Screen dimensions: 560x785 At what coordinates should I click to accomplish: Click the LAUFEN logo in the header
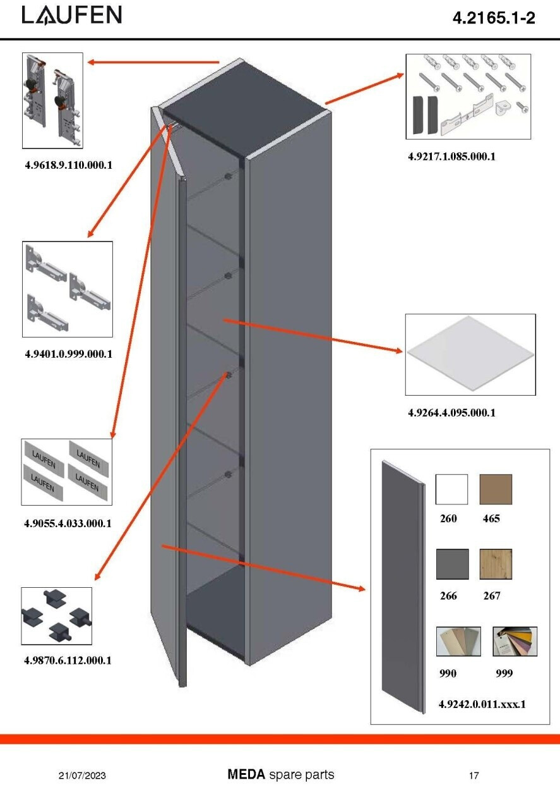pos(72,16)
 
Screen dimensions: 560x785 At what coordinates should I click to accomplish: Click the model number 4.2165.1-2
pos(494,18)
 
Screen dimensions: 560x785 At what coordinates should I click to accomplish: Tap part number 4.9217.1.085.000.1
pos(451,156)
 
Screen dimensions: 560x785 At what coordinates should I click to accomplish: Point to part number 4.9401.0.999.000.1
pos(68,354)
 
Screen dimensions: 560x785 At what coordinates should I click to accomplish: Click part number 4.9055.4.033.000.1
pos(68,523)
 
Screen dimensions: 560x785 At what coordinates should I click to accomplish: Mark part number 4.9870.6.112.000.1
pos(68,660)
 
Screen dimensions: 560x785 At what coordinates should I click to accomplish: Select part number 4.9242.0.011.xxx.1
pos(482,703)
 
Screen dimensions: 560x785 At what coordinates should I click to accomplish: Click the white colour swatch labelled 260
pos(451,489)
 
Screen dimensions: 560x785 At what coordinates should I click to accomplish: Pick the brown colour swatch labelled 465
pos(496,489)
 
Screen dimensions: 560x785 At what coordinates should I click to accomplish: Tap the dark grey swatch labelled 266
pos(452,564)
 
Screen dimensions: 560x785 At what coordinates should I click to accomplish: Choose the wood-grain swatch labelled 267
pos(496,564)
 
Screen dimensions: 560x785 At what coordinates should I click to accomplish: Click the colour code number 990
pos(448,673)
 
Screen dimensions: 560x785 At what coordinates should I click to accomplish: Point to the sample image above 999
pos(515,642)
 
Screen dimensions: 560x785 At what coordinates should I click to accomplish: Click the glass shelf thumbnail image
pos(470,354)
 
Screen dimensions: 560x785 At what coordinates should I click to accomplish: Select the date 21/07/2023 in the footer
pos(82,776)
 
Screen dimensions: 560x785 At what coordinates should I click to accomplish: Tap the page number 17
pos(474,776)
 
